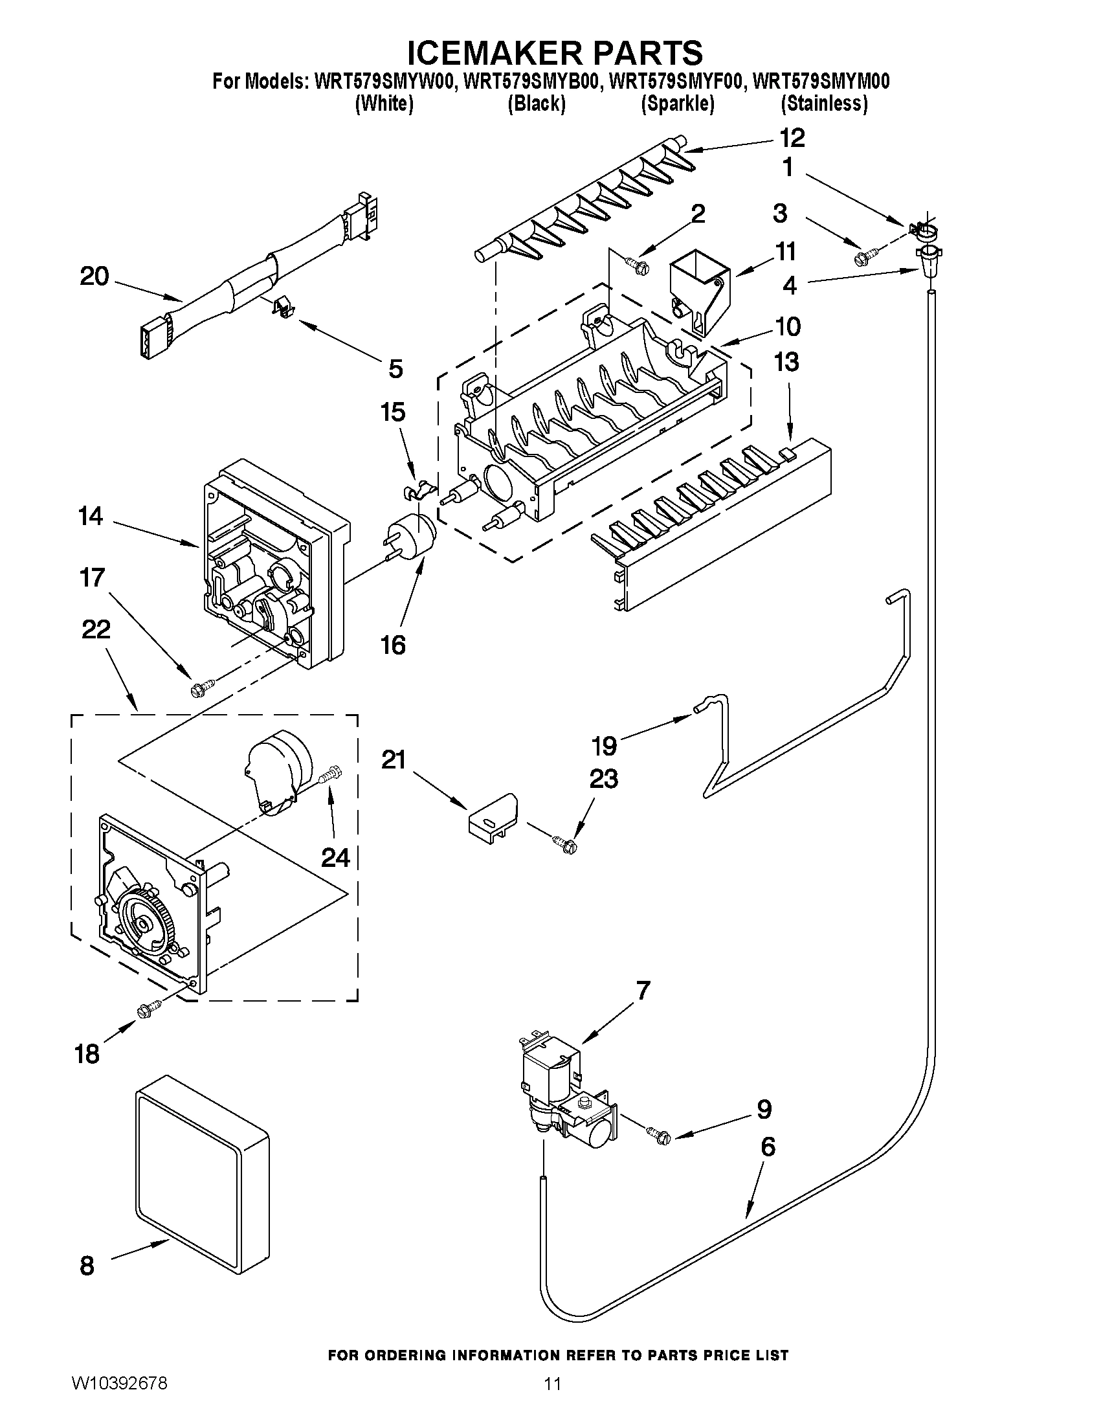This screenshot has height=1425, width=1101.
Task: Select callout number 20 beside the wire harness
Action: tap(94, 276)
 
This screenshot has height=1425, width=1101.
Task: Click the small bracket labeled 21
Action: tap(493, 816)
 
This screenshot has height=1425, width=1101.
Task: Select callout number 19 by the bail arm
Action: tap(604, 745)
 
